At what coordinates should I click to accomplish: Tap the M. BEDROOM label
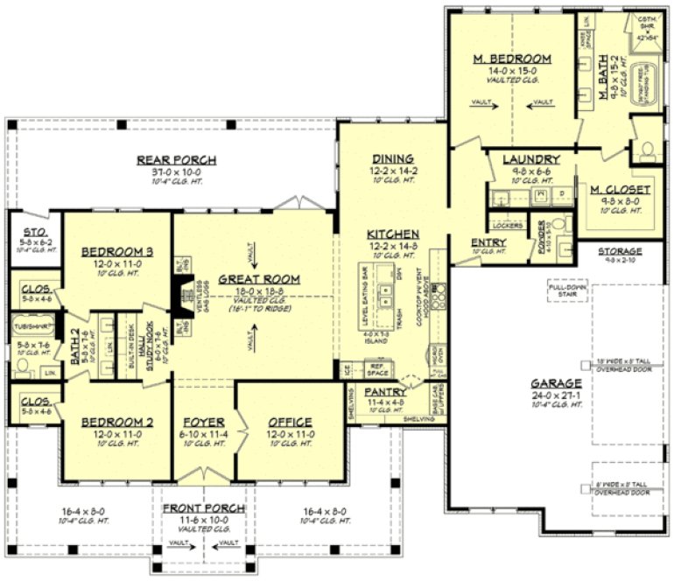(512, 59)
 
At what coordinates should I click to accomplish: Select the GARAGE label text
(556, 383)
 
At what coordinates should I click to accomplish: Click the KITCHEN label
(392, 234)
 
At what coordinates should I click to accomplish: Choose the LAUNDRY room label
(530, 159)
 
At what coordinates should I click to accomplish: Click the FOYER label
(204, 422)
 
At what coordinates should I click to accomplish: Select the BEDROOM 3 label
(117, 252)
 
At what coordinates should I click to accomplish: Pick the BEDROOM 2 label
(117, 422)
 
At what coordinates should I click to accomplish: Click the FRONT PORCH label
(204, 508)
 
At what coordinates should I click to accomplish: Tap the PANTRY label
(384, 393)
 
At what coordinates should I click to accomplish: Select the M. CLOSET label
(620, 189)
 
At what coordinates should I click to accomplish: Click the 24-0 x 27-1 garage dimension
(556, 395)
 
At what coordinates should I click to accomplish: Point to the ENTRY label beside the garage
(487, 241)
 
